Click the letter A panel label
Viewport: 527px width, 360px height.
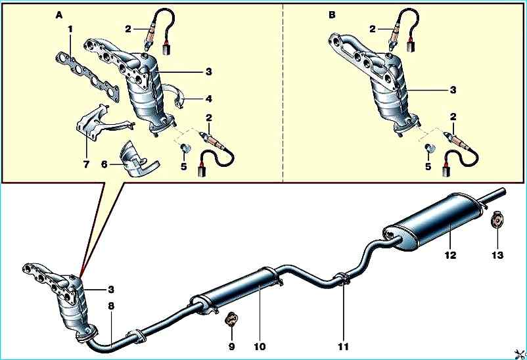point(59,15)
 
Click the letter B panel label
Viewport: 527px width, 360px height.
point(332,15)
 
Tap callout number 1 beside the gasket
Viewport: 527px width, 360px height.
point(70,30)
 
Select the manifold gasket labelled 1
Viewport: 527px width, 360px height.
point(87,76)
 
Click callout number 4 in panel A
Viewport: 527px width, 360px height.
point(209,99)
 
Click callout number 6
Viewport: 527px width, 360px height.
point(104,164)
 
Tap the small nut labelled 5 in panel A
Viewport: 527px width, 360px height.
point(185,148)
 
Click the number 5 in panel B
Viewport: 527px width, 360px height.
point(428,166)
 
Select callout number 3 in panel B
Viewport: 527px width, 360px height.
point(453,90)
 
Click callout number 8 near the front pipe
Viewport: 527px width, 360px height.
point(111,306)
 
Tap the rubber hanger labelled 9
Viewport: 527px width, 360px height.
point(231,319)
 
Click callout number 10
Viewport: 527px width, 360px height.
point(260,346)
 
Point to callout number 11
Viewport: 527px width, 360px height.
point(343,346)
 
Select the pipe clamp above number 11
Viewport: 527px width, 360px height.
point(342,279)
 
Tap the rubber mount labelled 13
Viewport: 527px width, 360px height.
point(496,219)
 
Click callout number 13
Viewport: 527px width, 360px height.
point(497,255)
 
